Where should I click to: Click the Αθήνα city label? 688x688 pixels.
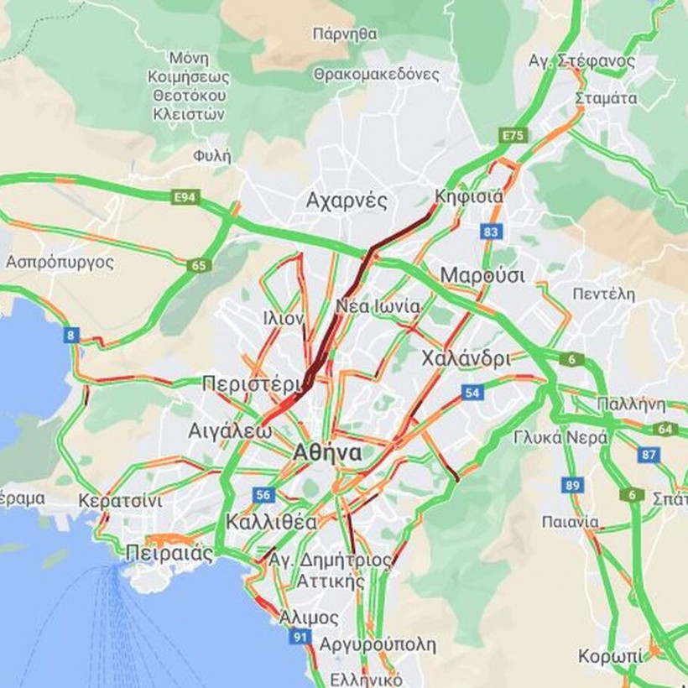coord(327,454)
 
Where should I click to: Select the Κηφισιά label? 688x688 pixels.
coord(469,197)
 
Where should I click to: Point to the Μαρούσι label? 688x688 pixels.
coord(482,275)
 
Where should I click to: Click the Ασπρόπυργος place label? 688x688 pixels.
coord(60,261)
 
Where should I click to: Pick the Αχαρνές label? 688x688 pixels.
coord(347,201)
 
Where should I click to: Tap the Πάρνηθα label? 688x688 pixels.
coord(344,34)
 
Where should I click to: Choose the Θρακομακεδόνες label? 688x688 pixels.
coord(377,74)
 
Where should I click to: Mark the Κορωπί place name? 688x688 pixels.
coord(611,655)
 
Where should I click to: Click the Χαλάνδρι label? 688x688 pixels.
coord(466,358)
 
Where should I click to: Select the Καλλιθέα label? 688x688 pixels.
coord(272,522)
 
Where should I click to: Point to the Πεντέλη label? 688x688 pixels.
coord(603,294)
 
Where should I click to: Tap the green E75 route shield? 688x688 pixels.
coord(512,134)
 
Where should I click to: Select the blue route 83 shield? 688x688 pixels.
coord(492,230)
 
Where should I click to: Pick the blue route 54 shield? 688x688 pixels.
coord(472,392)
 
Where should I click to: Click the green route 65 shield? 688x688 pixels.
coord(198,266)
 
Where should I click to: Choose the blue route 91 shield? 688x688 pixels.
coord(300,638)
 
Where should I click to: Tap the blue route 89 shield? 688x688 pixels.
coord(573,485)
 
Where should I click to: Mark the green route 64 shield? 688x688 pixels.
coord(665,429)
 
